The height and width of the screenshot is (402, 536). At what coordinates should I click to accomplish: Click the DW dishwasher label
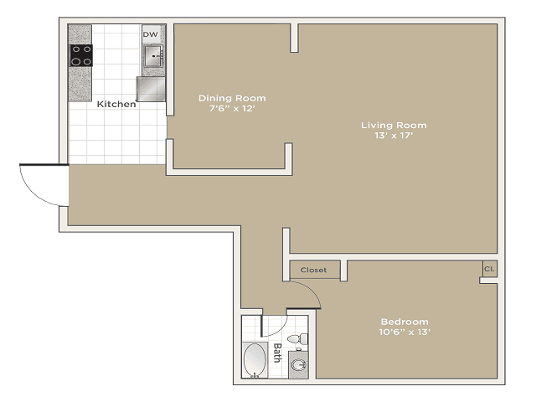[x=151, y=34]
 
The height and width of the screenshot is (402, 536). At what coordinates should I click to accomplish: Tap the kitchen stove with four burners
[x=80, y=55]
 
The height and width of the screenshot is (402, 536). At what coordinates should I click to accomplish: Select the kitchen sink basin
[x=152, y=56]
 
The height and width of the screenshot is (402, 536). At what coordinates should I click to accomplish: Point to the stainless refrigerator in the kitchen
[x=151, y=87]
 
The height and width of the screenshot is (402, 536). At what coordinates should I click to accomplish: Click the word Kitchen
[x=116, y=105]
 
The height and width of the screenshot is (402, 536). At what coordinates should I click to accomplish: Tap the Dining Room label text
[x=232, y=98]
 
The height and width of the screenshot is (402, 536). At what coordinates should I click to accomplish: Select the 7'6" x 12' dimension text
[x=232, y=109]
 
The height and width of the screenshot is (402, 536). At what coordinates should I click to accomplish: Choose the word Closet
[x=313, y=270]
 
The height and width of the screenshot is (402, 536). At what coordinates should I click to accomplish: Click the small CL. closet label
[x=488, y=269]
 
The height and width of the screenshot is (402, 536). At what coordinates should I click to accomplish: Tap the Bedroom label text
[x=405, y=322]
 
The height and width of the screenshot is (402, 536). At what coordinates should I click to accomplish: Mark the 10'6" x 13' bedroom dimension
[x=405, y=332]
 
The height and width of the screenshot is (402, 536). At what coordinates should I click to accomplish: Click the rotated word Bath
[x=277, y=353]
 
